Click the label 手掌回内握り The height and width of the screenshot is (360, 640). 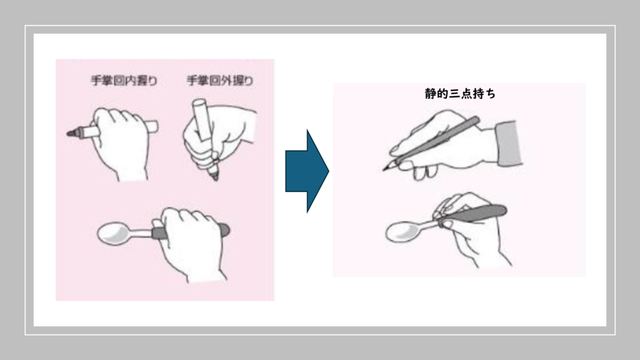[x=124, y=81]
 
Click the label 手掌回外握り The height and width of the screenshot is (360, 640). [x=220, y=81]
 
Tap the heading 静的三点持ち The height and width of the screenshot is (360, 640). [x=460, y=94]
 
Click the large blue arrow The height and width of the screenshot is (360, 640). [x=307, y=171]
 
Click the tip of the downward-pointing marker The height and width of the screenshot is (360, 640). [x=216, y=178]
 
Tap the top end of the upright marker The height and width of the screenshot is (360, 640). [x=197, y=102]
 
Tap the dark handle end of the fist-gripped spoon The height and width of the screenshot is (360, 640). [x=224, y=230]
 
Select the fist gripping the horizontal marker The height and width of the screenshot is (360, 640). [x=121, y=141]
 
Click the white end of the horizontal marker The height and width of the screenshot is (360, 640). [x=152, y=126]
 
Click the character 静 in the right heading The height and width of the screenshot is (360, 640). [x=430, y=94]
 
